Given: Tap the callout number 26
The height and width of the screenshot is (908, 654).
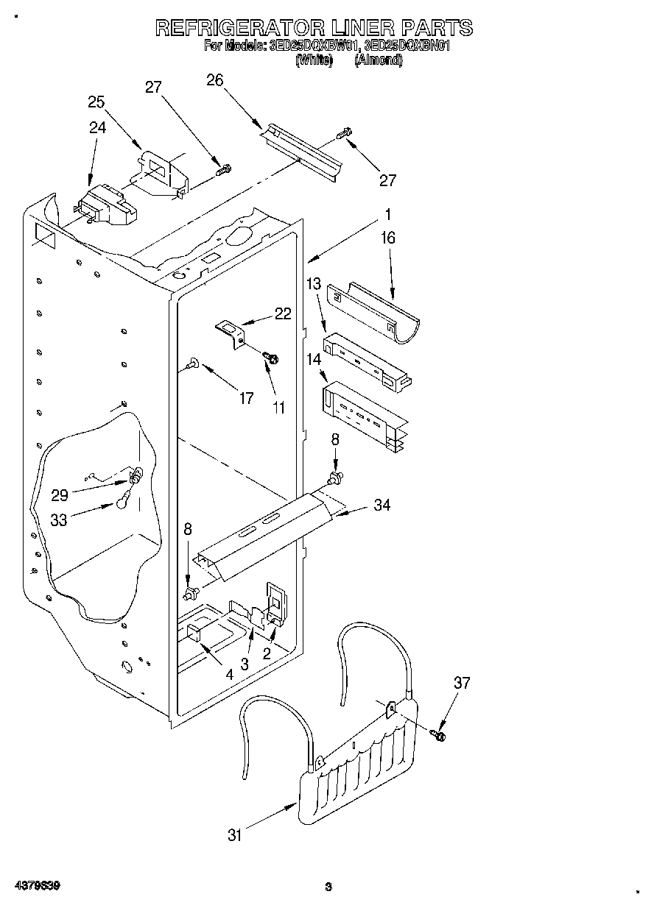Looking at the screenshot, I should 214,80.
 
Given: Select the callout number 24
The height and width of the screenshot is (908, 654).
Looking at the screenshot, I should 97,127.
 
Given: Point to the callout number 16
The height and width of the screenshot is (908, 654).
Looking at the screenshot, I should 388,238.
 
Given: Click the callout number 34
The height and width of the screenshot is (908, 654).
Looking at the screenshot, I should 382,505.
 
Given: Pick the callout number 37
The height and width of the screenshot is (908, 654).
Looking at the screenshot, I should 462,683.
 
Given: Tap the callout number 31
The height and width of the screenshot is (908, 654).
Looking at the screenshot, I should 235,835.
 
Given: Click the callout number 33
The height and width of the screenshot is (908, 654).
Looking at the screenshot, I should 59,519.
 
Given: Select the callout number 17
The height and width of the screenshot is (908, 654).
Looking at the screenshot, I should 246,398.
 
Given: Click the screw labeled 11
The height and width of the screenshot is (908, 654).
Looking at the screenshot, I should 271,358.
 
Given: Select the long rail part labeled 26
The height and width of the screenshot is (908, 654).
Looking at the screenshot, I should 302,150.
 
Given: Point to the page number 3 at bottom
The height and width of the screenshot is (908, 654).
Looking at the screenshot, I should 328,887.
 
